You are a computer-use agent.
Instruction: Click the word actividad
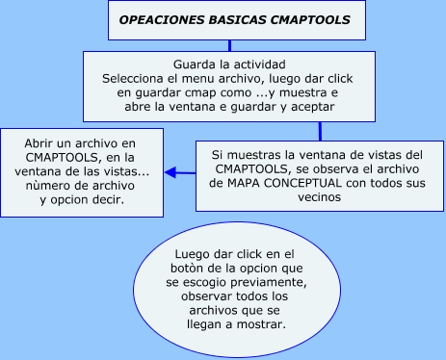(257, 64)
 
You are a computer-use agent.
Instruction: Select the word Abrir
(41, 142)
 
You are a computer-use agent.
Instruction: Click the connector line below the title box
(228, 44)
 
